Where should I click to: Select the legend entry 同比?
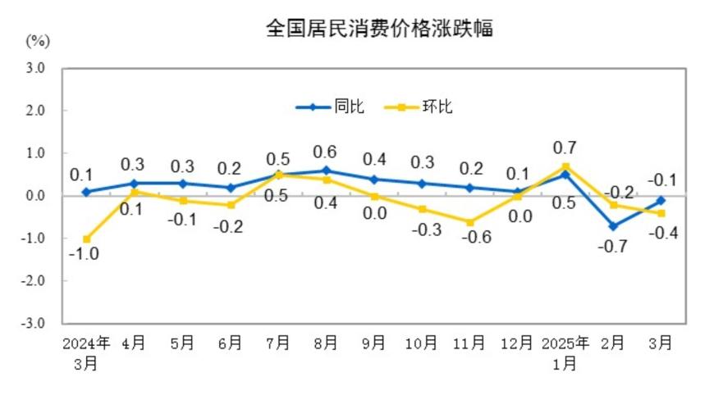tap(331, 107)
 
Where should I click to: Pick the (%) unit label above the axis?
tap(38, 40)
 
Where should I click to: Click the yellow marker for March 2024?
tap(85, 239)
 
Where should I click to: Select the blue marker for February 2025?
tap(613, 226)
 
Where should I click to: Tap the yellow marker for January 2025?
tap(565, 166)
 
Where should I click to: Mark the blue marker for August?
tap(326, 170)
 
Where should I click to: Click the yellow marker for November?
tap(470, 222)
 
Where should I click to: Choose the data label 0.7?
tap(565, 148)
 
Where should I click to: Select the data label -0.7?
tap(611, 245)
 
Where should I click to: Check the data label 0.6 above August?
tap(326, 152)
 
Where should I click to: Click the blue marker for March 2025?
tap(661, 200)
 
